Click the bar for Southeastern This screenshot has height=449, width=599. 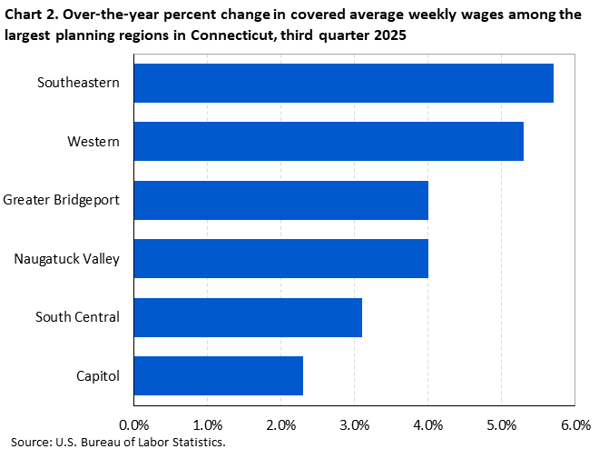pyautogui.click(x=344, y=83)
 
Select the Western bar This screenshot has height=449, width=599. pyautogui.click(x=329, y=141)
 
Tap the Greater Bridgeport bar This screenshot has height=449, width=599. pyautogui.click(x=281, y=200)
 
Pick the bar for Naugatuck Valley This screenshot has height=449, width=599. pyautogui.click(x=281, y=258)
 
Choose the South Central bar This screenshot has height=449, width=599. pyautogui.click(x=248, y=317)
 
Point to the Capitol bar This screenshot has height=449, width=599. pyautogui.click(x=219, y=375)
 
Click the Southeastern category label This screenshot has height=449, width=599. pyautogui.click(x=79, y=83)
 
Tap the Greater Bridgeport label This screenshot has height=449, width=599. pyautogui.click(x=61, y=200)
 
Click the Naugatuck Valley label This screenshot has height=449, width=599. pyautogui.click(x=67, y=258)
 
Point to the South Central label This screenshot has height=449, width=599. pyautogui.click(x=77, y=317)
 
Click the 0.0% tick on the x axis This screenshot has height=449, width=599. pyautogui.click(x=134, y=424)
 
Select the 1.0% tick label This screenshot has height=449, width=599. pyautogui.click(x=208, y=424)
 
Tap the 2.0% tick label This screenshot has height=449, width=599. pyautogui.click(x=281, y=424)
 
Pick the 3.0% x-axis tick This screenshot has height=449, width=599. pyautogui.click(x=355, y=424)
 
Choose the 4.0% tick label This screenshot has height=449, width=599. pyautogui.click(x=428, y=424)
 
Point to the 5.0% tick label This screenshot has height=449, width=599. pyautogui.click(x=502, y=424)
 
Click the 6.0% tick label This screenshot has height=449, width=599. pyautogui.click(x=575, y=424)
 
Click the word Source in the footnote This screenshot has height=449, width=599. pyautogui.click(x=32, y=441)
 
